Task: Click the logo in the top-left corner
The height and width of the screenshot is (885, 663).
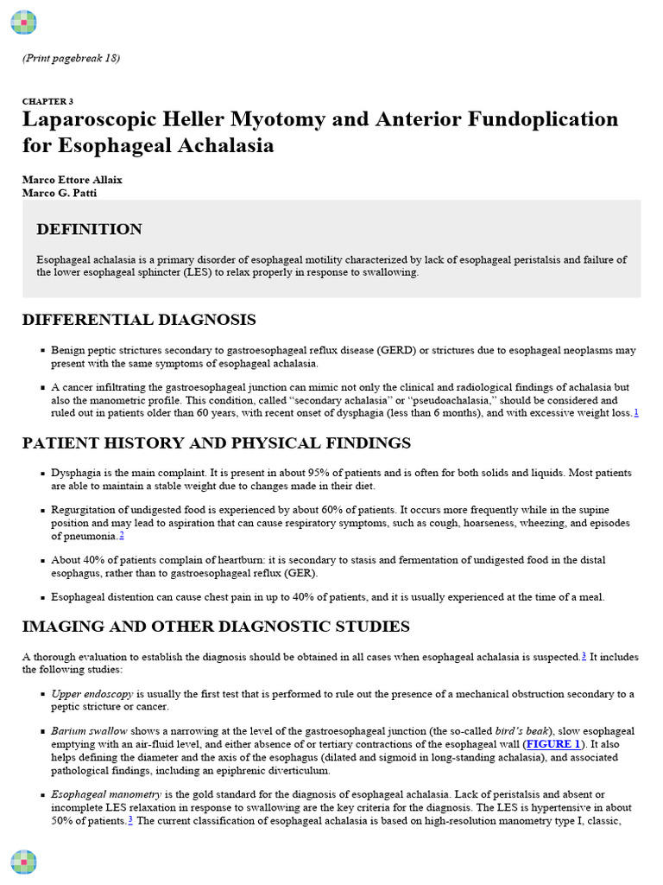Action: pyautogui.click(x=23, y=22)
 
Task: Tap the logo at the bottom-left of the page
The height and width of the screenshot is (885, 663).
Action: pyautogui.click(x=23, y=862)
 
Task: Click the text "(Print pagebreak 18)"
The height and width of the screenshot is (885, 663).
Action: pyautogui.click(x=71, y=59)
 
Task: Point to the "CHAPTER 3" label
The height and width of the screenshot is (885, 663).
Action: pyautogui.click(x=47, y=101)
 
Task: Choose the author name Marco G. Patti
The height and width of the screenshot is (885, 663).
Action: pyautogui.click(x=59, y=192)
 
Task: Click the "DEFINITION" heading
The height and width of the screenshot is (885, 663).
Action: pyautogui.click(x=89, y=230)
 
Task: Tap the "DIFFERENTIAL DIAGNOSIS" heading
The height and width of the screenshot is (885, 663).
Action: pyautogui.click(x=139, y=321)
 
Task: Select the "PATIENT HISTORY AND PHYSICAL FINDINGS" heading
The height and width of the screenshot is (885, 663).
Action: pyautogui.click(x=217, y=443)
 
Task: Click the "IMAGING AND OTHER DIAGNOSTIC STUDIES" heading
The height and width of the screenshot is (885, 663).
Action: pyautogui.click(x=216, y=627)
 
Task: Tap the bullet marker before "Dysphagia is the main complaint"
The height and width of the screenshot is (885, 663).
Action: pyautogui.click(x=42, y=474)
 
